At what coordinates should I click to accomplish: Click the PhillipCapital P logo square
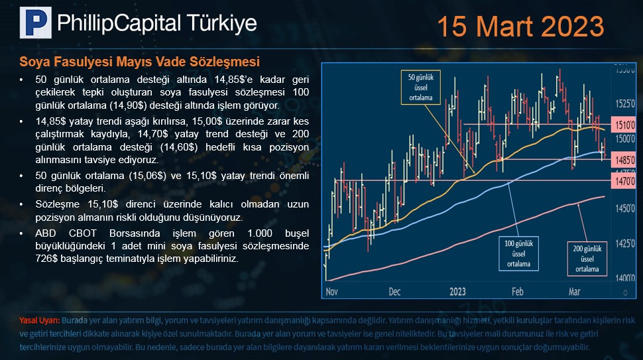(36, 23)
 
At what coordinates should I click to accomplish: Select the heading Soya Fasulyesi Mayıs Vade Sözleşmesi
(139, 62)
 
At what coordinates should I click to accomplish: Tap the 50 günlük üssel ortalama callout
(421, 88)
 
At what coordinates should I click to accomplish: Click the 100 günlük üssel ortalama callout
(519, 253)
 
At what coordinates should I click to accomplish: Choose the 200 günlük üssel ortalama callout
(587, 259)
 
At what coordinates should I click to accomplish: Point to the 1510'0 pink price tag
(623, 125)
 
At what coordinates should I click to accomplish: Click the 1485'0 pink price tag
(623, 160)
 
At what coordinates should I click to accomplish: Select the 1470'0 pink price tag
(623, 180)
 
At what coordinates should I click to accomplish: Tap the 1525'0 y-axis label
(625, 103)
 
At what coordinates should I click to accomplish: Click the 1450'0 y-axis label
(625, 208)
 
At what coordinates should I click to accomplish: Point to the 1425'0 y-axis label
(625, 243)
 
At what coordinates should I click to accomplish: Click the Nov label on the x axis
(331, 292)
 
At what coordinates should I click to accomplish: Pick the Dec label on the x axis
(394, 292)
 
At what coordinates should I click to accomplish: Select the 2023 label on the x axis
(457, 292)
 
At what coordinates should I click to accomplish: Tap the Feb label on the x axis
(518, 292)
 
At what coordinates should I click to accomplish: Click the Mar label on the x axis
(575, 292)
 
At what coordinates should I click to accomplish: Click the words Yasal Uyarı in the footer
(39, 321)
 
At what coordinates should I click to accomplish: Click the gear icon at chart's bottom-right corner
(625, 293)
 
